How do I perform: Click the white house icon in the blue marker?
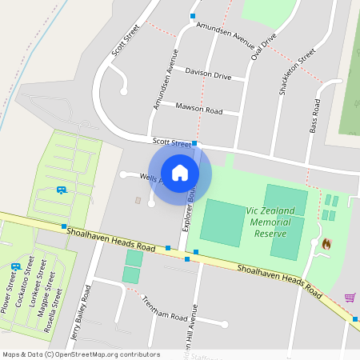click(x=180, y=172)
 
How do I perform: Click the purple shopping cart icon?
click(x=350, y=298)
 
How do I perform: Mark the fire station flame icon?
click(x=326, y=242)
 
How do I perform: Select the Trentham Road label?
click(x=163, y=304)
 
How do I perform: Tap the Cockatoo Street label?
click(x=26, y=276)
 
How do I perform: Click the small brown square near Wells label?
click(x=137, y=199)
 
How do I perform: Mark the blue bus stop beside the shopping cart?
click(x=356, y=318)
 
